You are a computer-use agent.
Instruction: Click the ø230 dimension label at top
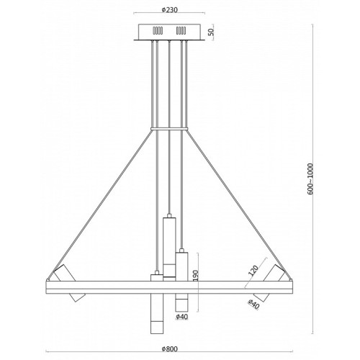(169, 10)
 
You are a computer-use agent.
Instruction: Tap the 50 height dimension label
(211, 32)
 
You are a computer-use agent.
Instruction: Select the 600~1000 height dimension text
(310, 179)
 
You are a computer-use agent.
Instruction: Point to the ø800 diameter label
(169, 348)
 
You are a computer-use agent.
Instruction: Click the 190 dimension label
(195, 276)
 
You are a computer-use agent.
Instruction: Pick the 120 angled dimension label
(253, 271)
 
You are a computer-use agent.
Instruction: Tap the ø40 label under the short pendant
(182, 317)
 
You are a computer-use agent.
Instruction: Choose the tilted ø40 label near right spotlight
(253, 305)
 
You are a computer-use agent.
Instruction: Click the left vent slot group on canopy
(158, 30)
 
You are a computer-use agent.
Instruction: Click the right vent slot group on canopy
(181, 30)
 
